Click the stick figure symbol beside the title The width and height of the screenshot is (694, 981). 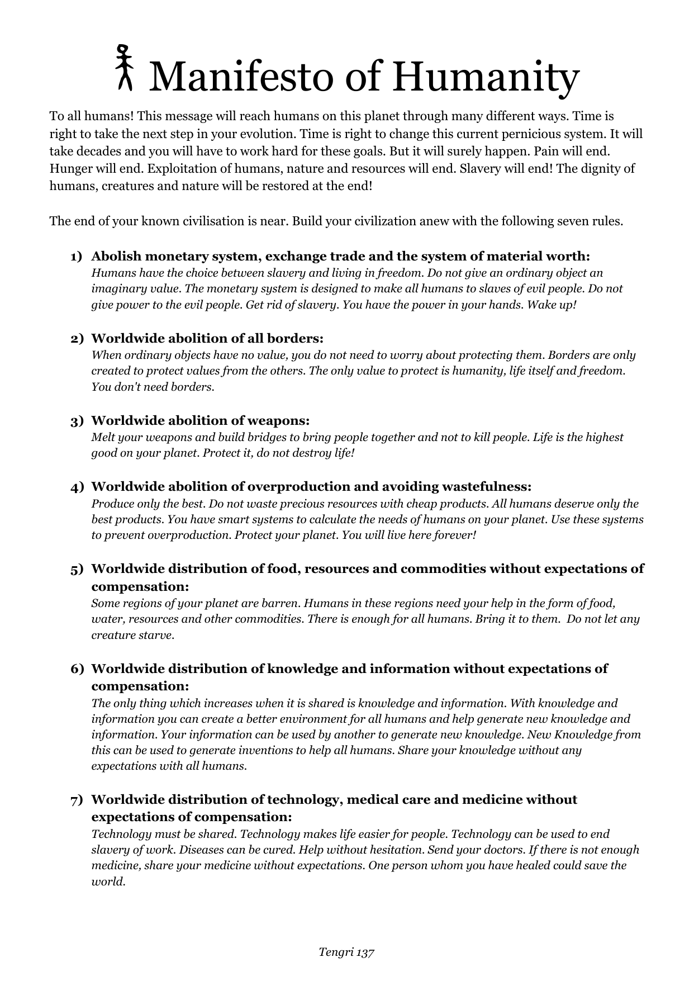[x=125, y=68]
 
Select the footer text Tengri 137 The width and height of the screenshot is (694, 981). [x=346, y=951]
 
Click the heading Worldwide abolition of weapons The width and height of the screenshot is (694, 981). [x=200, y=420]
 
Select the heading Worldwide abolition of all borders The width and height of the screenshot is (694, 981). [x=207, y=339]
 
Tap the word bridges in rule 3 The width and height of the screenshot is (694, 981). [x=260, y=437]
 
